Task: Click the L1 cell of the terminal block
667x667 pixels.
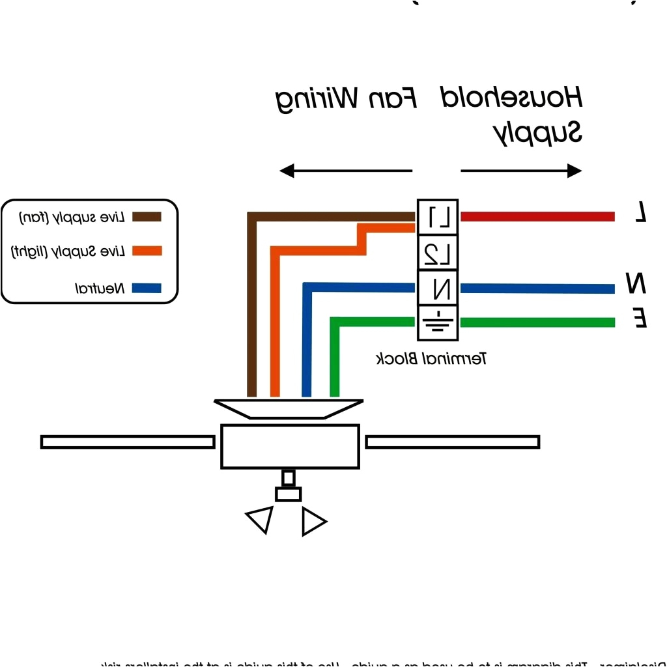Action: pyautogui.click(x=438, y=217)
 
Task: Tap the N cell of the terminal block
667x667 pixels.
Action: pyautogui.click(x=438, y=287)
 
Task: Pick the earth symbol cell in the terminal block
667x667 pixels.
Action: pyautogui.click(x=438, y=322)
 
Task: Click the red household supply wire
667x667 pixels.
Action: pyautogui.click(x=537, y=216)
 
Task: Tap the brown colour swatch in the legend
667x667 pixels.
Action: pyautogui.click(x=147, y=217)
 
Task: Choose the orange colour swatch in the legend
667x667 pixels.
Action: pyautogui.click(x=147, y=251)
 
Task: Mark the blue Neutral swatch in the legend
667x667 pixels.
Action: pyautogui.click(x=147, y=287)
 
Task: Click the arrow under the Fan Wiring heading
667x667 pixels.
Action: pyautogui.click(x=345, y=171)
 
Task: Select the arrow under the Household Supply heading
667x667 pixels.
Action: pyautogui.click(x=521, y=171)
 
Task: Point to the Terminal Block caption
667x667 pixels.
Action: pyautogui.click(x=432, y=358)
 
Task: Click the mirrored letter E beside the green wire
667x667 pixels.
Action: pyautogui.click(x=640, y=319)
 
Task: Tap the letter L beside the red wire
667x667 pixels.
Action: pyautogui.click(x=641, y=212)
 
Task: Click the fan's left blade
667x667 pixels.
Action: pyautogui.click(x=128, y=442)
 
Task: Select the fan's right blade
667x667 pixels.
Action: pyautogui.click(x=452, y=442)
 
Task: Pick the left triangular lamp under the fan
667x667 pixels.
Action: pyautogui.click(x=259, y=519)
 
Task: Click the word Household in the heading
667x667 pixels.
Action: pyautogui.click(x=511, y=98)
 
